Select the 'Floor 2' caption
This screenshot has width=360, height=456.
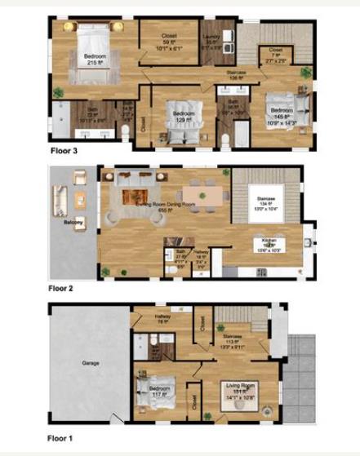63,288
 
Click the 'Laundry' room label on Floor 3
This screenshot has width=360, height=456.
211,37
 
